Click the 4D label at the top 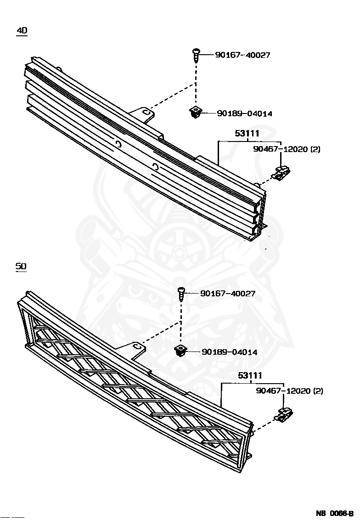(x=22, y=31)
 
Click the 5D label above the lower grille (x=21, y=266)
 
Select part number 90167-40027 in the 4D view (x=242, y=55)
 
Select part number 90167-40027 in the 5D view (x=228, y=294)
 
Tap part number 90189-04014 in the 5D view (x=230, y=352)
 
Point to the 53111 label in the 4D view (x=247, y=134)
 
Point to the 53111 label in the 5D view (x=249, y=376)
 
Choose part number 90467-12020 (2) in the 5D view (x=290, y=391)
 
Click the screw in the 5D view (x=181, y=294)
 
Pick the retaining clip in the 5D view (x=285, y=415)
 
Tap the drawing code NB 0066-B (x=334, y=513)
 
